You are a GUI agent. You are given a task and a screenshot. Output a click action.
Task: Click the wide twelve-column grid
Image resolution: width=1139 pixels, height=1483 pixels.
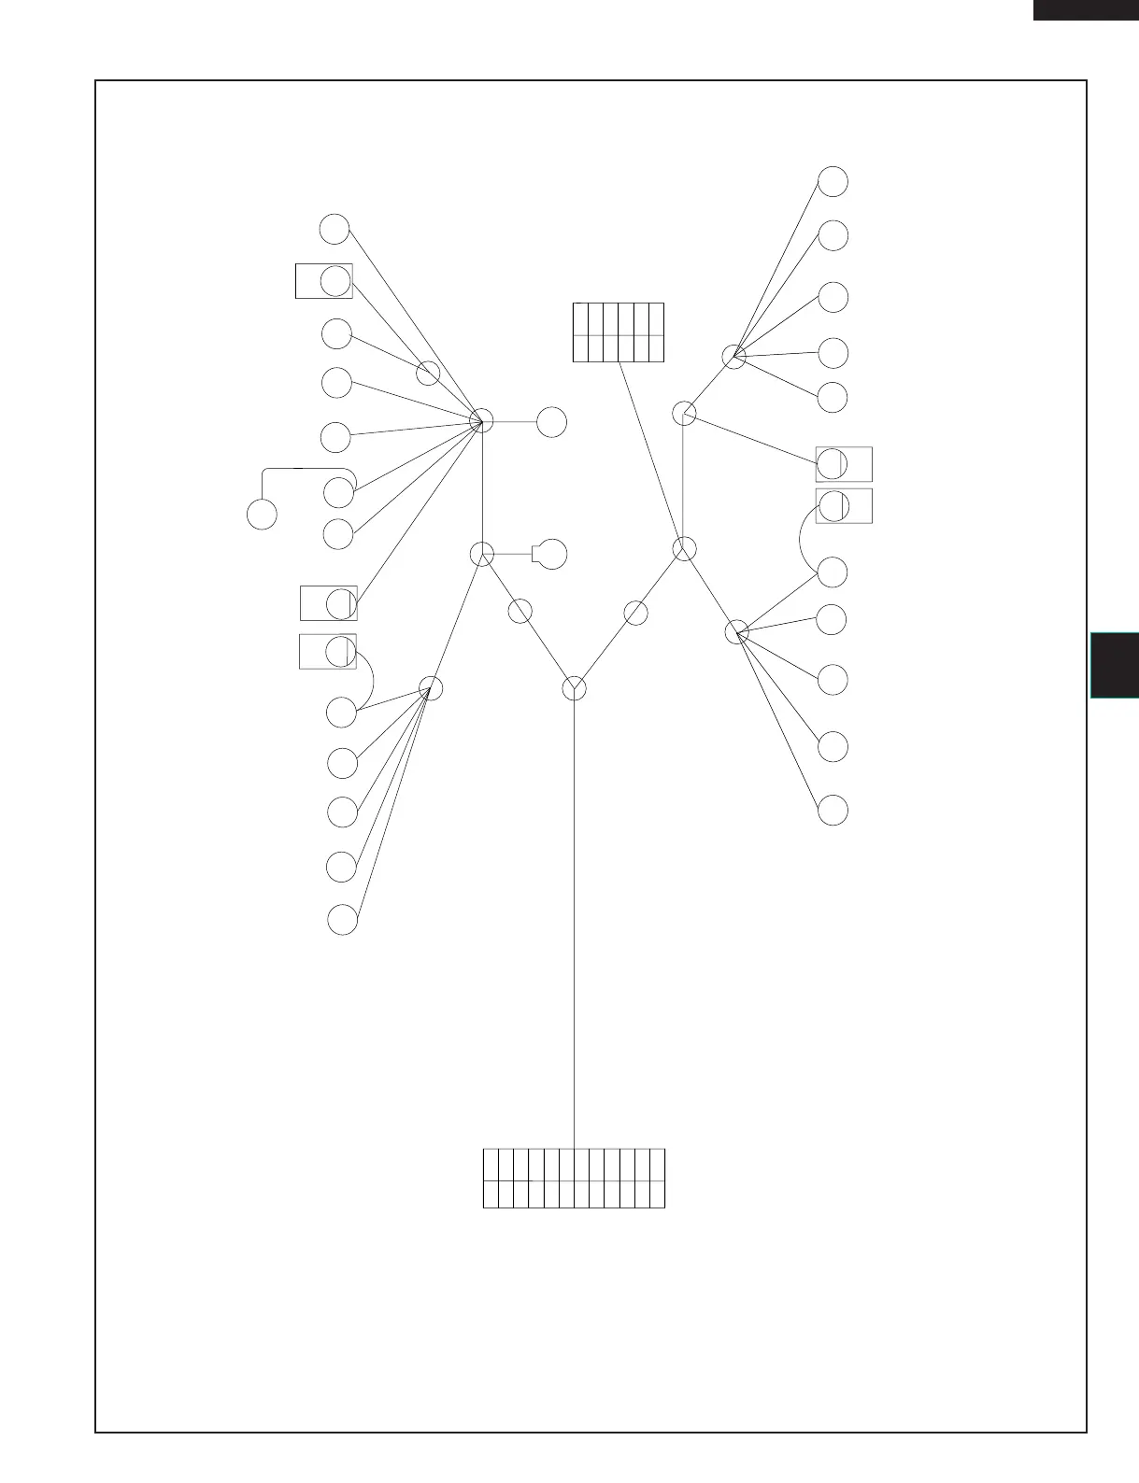(574, 1179)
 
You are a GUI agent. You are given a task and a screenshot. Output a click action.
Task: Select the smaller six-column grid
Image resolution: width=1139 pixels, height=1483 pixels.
(618, 332)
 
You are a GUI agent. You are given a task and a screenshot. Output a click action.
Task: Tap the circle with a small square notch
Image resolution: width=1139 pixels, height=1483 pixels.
(552, 554)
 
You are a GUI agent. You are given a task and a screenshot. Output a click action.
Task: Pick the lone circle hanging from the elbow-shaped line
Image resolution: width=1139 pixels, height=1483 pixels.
(263, 515)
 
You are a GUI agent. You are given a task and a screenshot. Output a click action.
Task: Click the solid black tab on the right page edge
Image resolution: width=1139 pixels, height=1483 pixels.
(1114, 665)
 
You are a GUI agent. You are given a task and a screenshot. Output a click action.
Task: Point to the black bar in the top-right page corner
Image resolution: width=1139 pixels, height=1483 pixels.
(1085, 9)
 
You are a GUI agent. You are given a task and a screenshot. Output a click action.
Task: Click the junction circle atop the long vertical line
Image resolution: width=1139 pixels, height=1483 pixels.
(575, 688)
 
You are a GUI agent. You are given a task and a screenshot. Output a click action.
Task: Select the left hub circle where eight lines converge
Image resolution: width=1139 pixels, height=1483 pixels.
(481, 421)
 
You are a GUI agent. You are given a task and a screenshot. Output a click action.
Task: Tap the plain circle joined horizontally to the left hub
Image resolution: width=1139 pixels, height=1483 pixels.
(552, 421)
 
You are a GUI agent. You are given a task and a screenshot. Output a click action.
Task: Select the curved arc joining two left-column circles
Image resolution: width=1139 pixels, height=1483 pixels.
(370, 678)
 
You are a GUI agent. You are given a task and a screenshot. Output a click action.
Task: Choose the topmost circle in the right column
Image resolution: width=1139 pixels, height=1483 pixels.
(833, 181)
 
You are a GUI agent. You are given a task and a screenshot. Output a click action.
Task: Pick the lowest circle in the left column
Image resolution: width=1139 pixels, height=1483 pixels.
(343, 920)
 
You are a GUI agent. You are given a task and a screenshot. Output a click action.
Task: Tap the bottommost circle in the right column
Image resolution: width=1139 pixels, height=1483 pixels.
(833, 810)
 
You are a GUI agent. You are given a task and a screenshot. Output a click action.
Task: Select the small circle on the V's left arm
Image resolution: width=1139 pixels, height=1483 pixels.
(520, 613)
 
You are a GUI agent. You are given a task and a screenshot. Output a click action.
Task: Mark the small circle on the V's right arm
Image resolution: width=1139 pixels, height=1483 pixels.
(635, 614)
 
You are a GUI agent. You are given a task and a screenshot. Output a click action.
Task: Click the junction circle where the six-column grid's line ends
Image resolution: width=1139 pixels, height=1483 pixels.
(685, 549)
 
